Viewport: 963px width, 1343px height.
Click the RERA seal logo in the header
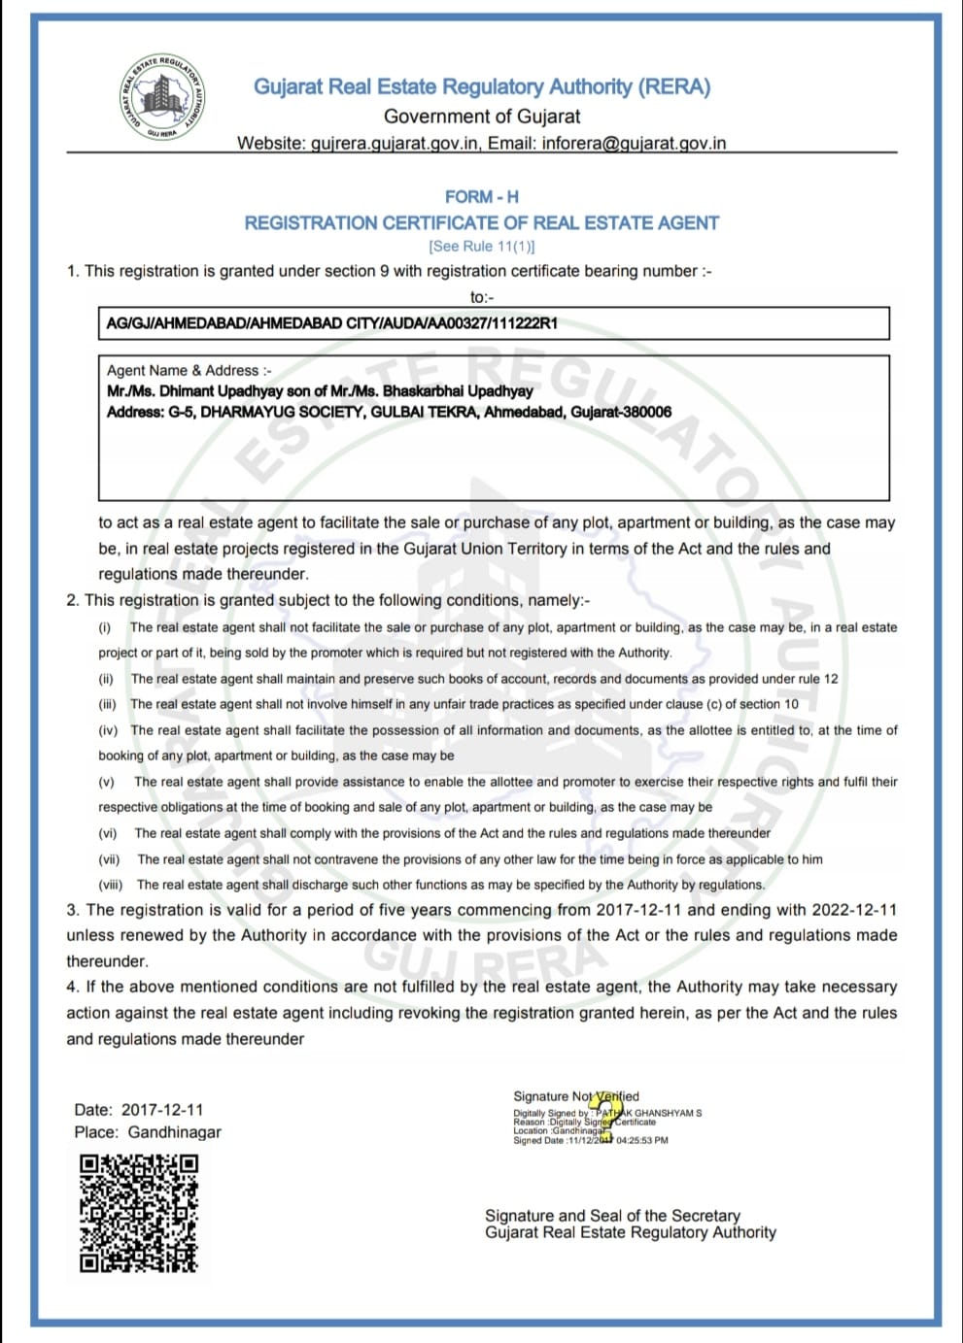pos(162,95)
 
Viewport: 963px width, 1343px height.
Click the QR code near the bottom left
pos(138,1212)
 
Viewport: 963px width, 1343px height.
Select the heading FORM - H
pos(481,196)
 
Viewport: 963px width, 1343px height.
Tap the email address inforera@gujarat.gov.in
pos(634,143)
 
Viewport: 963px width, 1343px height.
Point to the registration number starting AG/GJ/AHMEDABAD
pos(331,323)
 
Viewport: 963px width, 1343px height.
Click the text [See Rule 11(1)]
pos(481,247)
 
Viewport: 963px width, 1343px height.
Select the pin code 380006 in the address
pos(646,412)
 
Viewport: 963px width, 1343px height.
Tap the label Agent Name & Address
pos(189,370)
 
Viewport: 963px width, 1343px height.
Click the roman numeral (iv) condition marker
pos(108,730)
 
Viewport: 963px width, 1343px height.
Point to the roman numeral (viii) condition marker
pos(110,885)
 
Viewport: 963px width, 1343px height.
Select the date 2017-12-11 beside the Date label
pos(162,1109)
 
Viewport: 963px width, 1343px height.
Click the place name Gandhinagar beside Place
pos(175,1132)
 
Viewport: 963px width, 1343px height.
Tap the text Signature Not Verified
pos(575,1096)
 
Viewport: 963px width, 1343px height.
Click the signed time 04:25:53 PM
pos(642,1140)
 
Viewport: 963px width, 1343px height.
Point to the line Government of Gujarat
pos(481,117)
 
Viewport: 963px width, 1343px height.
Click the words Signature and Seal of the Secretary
pos(612,1215)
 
